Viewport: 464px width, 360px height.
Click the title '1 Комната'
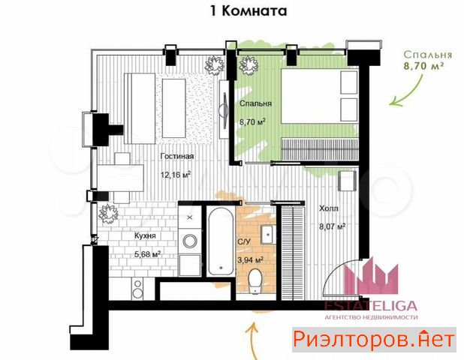click(x=249, y=11)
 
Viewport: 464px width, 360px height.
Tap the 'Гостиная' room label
click(x=177, y=156)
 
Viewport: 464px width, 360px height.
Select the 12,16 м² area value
click(x=175, y=175)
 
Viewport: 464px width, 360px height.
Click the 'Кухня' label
click(x=145, y=235)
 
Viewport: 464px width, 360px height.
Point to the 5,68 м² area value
click(x=147, y=254)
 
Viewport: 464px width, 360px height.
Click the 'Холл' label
click(x=328, y=208)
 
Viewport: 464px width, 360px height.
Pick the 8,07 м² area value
click(x=333, y=226)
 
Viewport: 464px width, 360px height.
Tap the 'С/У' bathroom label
click(x=244, y=241)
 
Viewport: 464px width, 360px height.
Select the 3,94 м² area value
click(x=250, y=260)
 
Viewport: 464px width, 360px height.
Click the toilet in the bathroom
click(x=255, y=281)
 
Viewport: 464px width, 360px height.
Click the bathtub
click(x=221, y=241)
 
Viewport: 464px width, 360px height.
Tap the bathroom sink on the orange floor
click(x=268, y=235)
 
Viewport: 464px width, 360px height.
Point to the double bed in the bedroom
click(x=319, y=95)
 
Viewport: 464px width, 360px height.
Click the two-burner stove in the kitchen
click(x=137, y=289)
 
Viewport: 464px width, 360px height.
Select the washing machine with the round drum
click(x=190, y=241)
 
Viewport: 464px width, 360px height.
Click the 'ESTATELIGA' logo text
click(x=371, y=306)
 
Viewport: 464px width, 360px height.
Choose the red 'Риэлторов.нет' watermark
click(x=374, y=339)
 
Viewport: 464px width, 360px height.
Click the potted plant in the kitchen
click(x=108, y=214)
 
